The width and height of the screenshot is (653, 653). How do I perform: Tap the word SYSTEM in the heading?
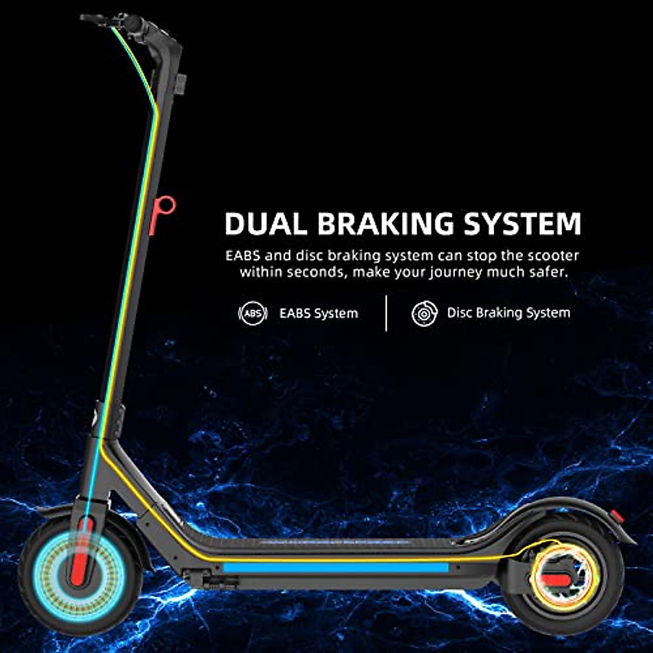click(522, 224)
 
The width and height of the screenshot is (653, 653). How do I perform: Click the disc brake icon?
click(424, 313)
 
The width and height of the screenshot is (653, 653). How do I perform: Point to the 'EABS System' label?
click(318, 313)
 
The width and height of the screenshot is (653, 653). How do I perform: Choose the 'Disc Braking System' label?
click(508, 313)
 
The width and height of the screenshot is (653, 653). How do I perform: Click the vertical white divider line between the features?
click(386, 313)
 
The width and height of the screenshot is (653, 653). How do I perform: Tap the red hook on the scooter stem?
click(163, 213)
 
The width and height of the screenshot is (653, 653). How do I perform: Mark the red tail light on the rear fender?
click(615, 515)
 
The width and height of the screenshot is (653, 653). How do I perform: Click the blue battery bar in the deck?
click(336, 568)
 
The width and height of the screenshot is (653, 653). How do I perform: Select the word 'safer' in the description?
click(547, 272)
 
